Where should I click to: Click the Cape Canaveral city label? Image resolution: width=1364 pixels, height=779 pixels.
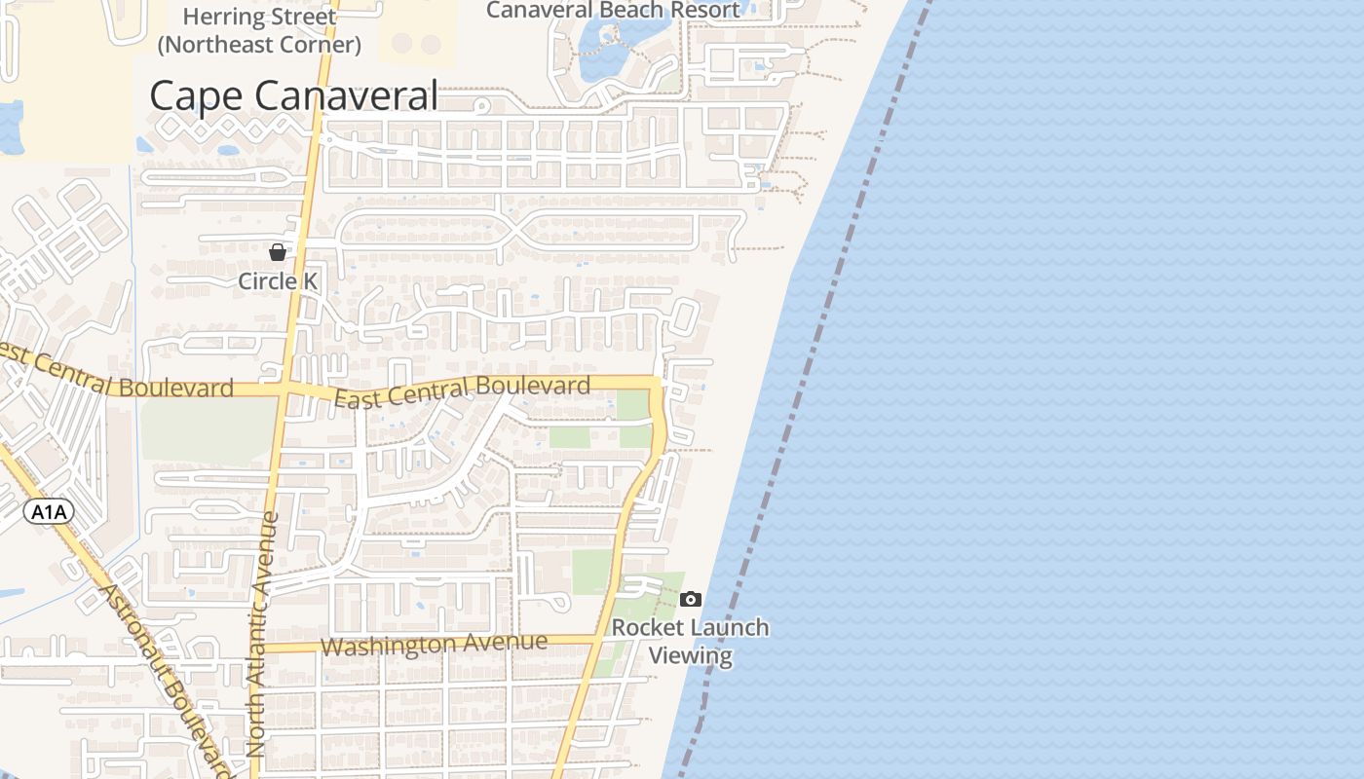(x=293, y=96)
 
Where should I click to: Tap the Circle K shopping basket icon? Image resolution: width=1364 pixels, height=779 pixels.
(x=278, y=252)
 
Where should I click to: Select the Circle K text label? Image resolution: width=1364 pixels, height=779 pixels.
(x=279, y=281)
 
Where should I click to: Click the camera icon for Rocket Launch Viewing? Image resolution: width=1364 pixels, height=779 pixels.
(x=691, y=599)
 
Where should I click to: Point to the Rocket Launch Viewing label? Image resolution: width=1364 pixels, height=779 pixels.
(x=691, y=641)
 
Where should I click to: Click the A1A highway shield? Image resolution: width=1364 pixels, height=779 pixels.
(x=49, y=512)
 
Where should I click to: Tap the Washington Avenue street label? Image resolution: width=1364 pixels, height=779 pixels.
(x=434, y=644)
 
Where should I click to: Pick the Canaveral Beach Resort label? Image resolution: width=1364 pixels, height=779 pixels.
(x=613, y=11)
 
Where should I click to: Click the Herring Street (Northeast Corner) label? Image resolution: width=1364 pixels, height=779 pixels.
(x=259, y=30)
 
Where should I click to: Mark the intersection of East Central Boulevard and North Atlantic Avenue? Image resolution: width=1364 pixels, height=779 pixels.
(x=284, y=389)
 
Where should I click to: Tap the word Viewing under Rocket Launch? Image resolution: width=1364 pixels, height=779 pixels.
(x=691, y=655)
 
